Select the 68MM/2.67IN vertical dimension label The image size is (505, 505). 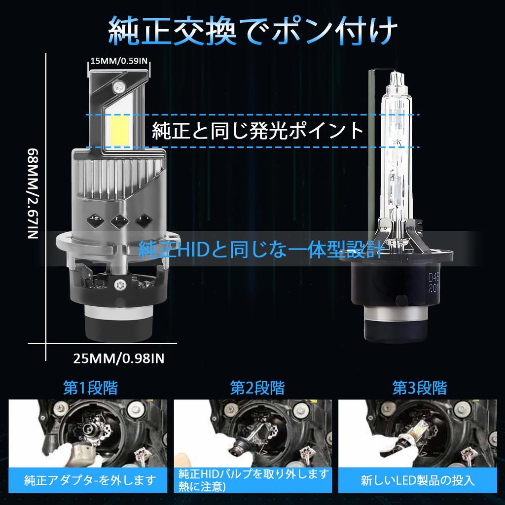pos(32,192)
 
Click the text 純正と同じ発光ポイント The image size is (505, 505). pos(258,132)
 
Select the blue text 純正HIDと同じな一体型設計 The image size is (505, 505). pos(260,250)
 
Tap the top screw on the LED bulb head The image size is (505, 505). pos(118,88)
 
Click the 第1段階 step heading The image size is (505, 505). pos(90,387)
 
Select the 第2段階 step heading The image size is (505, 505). pos(257,387)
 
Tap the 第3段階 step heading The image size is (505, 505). pos(419,387)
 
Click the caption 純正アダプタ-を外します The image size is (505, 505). pos(90,478)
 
